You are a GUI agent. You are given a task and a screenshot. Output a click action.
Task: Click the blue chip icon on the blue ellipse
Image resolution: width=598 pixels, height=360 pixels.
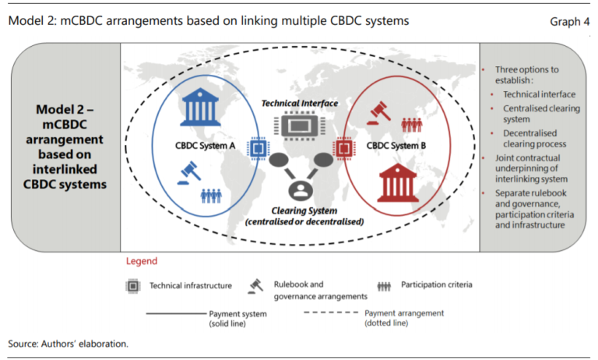(x=256, y=146)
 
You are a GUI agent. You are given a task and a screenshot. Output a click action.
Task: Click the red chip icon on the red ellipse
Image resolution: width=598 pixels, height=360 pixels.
(x=343, y=146)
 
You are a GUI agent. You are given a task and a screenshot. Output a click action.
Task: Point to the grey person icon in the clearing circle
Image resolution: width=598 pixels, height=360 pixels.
(x=300, y=189)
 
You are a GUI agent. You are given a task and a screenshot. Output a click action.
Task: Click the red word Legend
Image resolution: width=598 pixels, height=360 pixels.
(x=141, y=261)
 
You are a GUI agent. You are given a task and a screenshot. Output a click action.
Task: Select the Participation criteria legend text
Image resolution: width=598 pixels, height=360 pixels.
(x=436, y=285)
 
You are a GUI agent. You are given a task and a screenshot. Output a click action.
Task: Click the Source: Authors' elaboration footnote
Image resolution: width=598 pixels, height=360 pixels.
(x=68, y=343)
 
